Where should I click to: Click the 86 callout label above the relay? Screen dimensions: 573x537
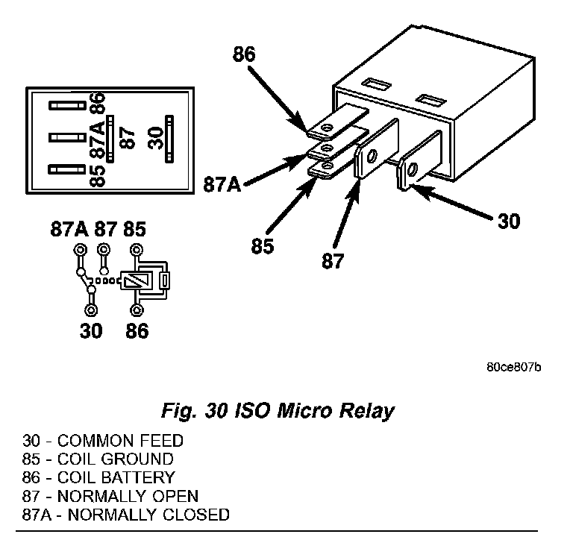pos(244,54)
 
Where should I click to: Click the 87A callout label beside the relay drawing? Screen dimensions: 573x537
pos(222,184)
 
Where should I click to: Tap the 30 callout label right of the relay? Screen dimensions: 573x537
pos(509,221)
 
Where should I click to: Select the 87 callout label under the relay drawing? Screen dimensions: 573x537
pos(333,261)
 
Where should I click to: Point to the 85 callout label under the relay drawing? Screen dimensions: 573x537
pos(263,245)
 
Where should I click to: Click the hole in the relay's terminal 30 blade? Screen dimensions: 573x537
pos(413,169)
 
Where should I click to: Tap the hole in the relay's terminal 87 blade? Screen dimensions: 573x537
pos(372,156)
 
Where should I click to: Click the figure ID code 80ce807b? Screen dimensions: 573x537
pos(514,367)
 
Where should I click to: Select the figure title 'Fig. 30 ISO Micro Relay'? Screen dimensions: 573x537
pos(278,411)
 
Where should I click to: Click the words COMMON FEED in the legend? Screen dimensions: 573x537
pos(120,441)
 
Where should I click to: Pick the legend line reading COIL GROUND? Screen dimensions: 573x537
pos(98,459)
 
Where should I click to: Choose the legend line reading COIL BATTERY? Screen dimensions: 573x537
pos(98,477)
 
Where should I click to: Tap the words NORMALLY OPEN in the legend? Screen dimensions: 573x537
pos(128,496)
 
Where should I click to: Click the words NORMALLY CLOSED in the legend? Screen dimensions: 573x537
pos(148,515)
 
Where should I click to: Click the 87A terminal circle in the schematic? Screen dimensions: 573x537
pos(80,251)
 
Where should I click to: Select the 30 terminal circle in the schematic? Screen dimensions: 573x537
pos(90,310)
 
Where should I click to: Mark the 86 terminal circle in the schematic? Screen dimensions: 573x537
pos(137,310)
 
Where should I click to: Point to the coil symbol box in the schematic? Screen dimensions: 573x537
pos(136,281)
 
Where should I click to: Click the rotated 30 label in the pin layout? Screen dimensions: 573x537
pos(156,138)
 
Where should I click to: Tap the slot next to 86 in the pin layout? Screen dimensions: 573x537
pos(67,106)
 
